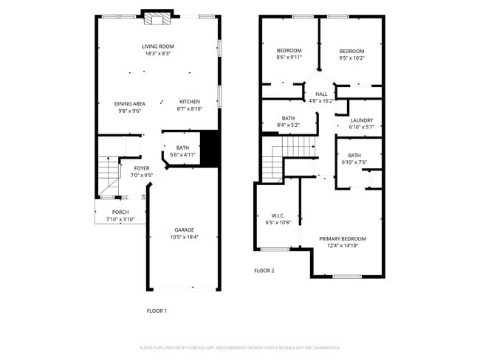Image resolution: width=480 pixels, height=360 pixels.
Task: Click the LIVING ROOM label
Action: pyautogui.click(x=158, y=46)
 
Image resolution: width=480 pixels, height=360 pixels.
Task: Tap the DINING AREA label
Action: pyautogui.click(x=129, y=103)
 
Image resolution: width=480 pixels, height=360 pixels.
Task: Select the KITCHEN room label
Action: pyautogui.click(x=190, y=101)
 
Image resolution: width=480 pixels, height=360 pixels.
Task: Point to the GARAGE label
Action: pyautogui.click(x=184, y=229)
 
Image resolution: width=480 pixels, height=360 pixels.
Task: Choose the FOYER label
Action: pyautogui.click(x=141, y=168)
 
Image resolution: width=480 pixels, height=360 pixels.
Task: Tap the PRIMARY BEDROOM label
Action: pyautogui.click(x=342, y=238)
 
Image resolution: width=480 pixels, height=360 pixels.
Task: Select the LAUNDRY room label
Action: pyautogui.click(x=361, y=120)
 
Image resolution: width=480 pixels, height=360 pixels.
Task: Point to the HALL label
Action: pyautogui.click(x=321, y=94)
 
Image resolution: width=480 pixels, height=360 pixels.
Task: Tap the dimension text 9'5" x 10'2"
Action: pyautogui.click(x=352, y=58)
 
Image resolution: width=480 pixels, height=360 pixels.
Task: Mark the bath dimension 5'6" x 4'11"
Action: pyautogui.click(x=182, y=155)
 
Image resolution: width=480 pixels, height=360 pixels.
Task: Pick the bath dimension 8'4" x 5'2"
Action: pyautogui.click(x=288, y=125)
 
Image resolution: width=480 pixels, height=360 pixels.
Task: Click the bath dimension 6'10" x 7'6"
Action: pyautogui.click(x=354, y=162)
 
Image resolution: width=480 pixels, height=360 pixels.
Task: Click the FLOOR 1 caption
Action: pyautogui.click(x=157, y=311)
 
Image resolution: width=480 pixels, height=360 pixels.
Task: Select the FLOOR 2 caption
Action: pyautogui.click(x=264, y=271)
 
